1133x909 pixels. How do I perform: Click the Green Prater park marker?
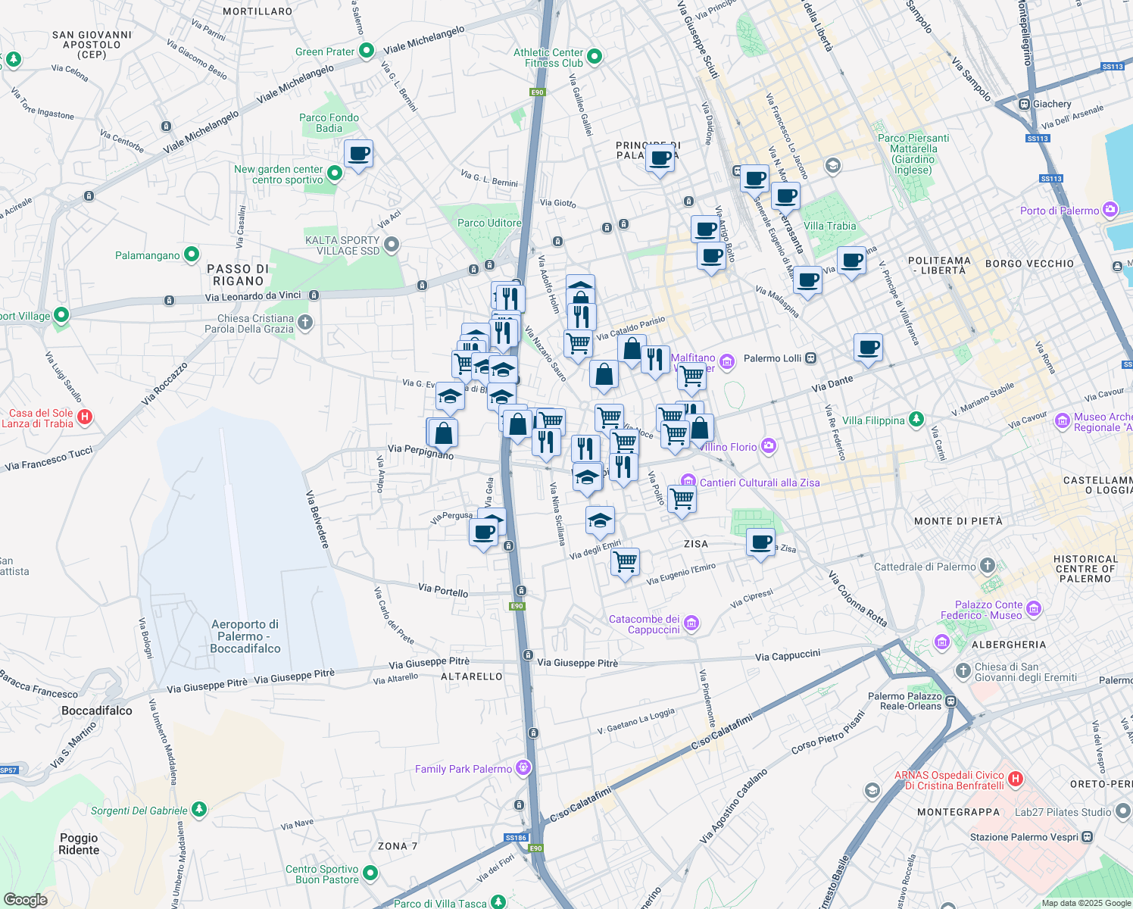(x=367, y=51)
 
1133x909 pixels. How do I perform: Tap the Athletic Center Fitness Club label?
(x=548, y=58)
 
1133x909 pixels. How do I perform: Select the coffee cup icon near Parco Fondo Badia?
(x=358, y=155)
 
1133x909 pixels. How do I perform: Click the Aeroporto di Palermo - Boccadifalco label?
(x=245, y=636)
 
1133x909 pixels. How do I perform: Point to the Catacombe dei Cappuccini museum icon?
(x=691, y=623)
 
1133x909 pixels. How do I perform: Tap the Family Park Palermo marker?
(x=523, y=768)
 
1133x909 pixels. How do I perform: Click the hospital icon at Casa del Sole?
(x=85, y=417)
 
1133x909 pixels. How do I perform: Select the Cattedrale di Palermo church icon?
(x=987, y=565)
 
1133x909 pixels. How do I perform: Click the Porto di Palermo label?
(x=1059, y=211)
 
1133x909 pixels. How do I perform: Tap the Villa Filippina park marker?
(x=916, y=419)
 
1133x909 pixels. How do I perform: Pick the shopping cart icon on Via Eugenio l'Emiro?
(x=625, y=562)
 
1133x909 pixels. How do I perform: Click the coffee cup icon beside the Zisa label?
(x=760, y=542)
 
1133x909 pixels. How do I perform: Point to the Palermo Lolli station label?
(x=772, y=358)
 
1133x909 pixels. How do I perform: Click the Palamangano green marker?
(x=192, y=255)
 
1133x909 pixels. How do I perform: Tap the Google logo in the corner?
(x=25, y=899)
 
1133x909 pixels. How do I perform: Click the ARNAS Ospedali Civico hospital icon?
(x=1016, y=779)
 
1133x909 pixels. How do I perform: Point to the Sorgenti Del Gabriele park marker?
(x=199, y=810)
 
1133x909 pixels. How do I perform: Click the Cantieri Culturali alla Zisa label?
(x=759, y=483)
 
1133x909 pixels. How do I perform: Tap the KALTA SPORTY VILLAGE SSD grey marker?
(x=392, y=245)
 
